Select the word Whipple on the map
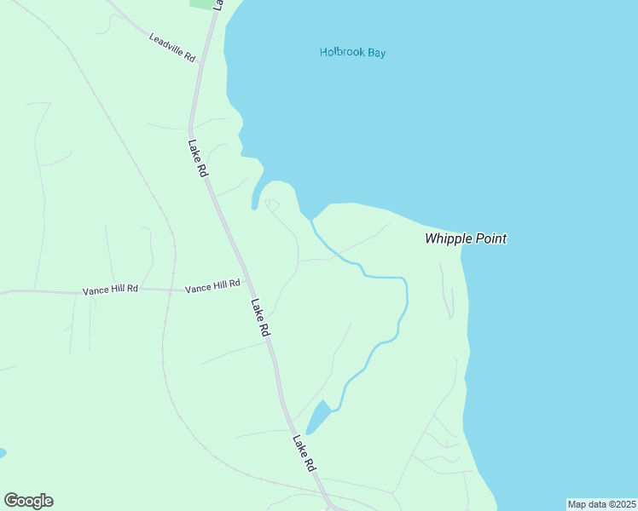(x=449, y=238)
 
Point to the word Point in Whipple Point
(x=490, y=238)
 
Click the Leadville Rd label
(x=173, y=48)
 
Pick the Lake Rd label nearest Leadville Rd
(x=198, y=158)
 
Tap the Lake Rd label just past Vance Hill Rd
(x=260, y=317)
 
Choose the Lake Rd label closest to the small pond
(x=304, y=454)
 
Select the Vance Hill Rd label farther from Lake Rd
(x=110, y=290)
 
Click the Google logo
(x=28, y=501)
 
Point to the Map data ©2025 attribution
(x=601, y=504)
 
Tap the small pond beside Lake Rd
(x=319, y=417)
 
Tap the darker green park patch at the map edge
(x=201, y=3)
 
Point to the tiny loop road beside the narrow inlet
(x=272, y=204)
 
